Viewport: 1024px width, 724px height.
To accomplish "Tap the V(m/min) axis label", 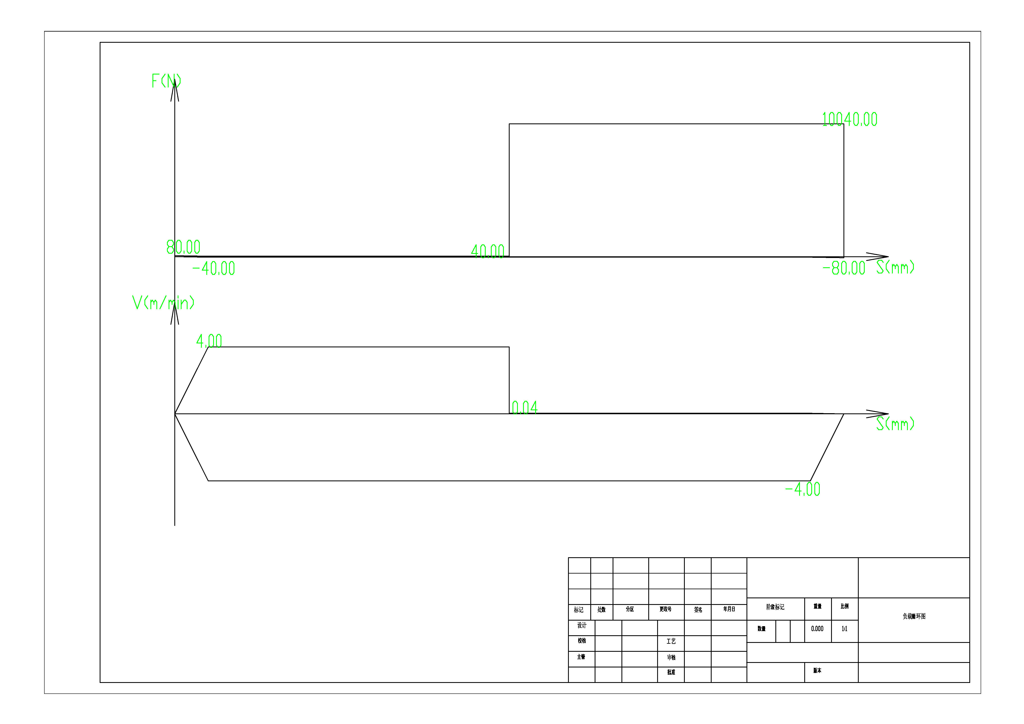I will coord(163,303).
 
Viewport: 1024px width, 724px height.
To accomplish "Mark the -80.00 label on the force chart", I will coord(844,268).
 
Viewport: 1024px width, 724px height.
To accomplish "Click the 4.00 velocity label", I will coord(209,341).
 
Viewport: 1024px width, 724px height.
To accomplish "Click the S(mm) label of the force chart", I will coord(895,267).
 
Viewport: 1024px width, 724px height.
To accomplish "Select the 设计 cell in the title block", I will coord(582,625).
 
